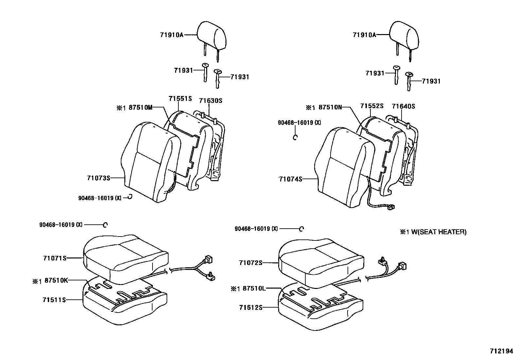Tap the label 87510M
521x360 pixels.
pyautogui.click(x=140, y=107)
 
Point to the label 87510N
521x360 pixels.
pyautogui.click(x=331, y=107)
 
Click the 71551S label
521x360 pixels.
pyautogui.click(x=180, y=99)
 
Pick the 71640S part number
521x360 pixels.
pyautogui.click(x=403, y=106)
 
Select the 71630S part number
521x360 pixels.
pyautogui.click(x=211, y=101)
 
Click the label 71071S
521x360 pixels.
pyautogui.click(x=55, y=258)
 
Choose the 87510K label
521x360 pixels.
pyautogui.click(x=56, y=280)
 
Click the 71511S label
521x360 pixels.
pyautogui.click(x=54, y=300)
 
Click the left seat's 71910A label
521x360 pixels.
pyautogui.click(x=172, y=35)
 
